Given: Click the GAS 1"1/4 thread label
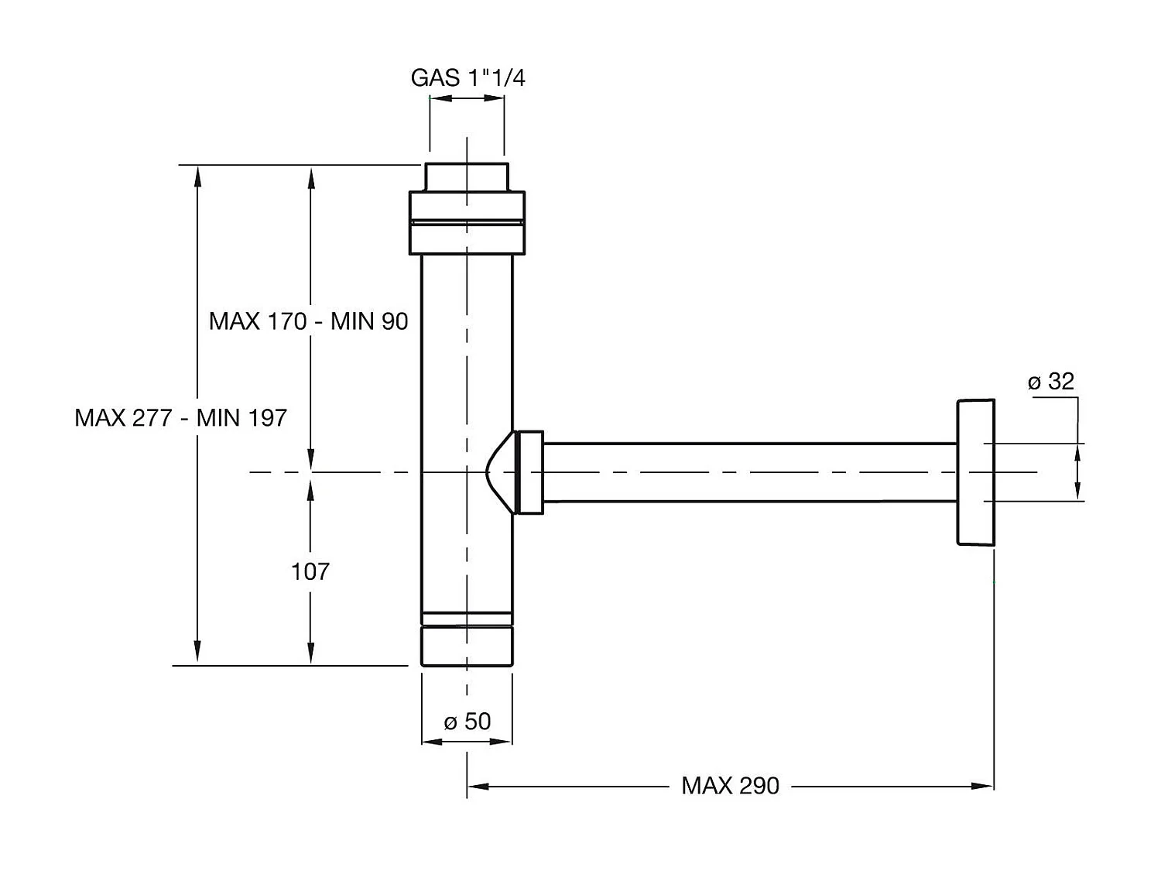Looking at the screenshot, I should click(467, 78).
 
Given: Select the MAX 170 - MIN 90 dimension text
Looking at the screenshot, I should click(308, 321).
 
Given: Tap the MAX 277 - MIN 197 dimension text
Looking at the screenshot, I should click(180, 417).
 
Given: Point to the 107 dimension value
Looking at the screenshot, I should click(310, 571).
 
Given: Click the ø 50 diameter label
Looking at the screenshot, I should click(467, 722).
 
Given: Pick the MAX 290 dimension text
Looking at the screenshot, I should click(730, 786).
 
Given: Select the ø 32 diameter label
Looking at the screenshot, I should click(1051, 382).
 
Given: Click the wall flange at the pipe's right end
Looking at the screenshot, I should click(975, 472).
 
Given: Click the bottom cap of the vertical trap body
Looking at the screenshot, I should click(467, 646).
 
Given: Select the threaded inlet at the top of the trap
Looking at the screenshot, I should click(467, 177).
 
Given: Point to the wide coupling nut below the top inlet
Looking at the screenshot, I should click(467, 223).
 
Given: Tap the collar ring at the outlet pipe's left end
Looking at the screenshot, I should click(530, 472).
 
